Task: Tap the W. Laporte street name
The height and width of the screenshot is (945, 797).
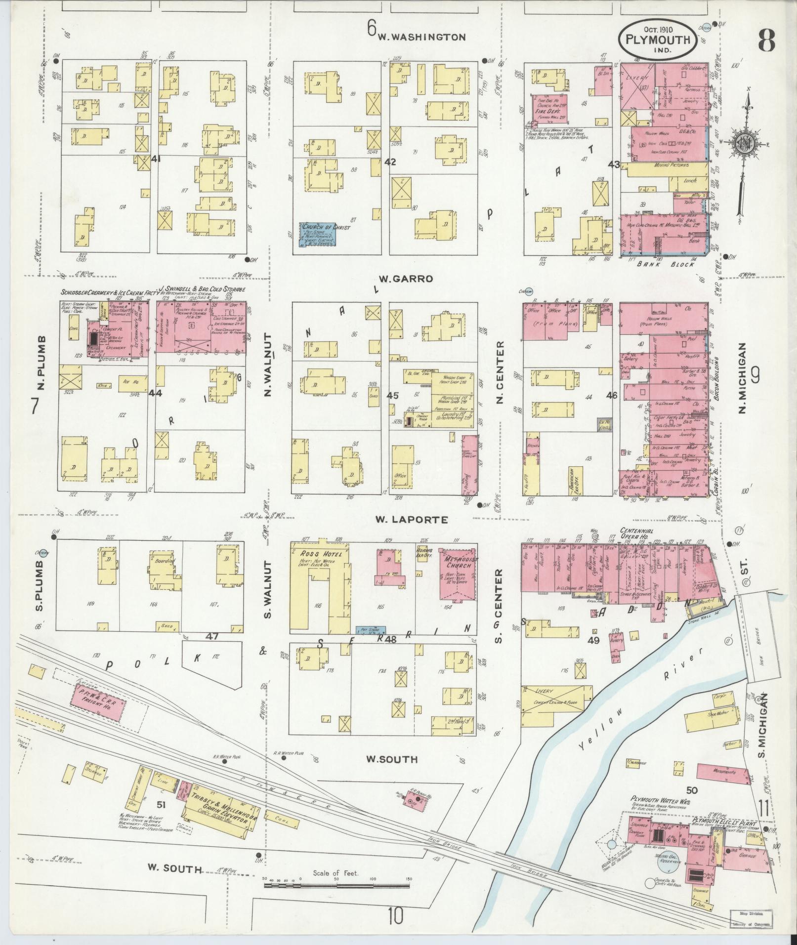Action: (411, 519)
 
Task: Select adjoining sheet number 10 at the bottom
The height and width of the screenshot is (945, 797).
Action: (395, 916)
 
